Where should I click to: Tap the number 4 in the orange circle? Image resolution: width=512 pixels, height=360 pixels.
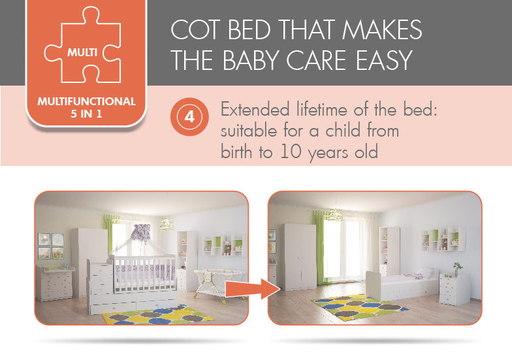[x=189, y=116]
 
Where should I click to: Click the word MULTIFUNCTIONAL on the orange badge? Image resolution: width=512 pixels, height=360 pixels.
[x=86, y=101]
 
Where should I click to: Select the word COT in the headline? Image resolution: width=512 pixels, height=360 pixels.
[x=195, y=29]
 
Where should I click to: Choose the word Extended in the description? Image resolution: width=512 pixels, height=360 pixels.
[x=255, y=110]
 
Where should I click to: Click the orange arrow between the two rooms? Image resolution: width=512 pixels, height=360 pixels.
[x=253, y=289]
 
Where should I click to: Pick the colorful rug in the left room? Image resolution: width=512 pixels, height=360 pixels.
[x=158, y=315]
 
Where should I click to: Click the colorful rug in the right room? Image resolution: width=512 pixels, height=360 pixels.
[x=359, y=307]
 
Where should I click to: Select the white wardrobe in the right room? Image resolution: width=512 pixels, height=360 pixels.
[x=299, y=257]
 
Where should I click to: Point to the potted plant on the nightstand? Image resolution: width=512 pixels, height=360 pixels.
[x=457, y=269]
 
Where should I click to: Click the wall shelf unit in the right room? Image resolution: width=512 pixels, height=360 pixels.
[x=443, y=239]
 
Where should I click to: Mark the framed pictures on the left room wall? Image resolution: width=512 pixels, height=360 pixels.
[x=51, y=246]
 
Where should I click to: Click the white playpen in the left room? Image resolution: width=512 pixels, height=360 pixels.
[x=219, y=282]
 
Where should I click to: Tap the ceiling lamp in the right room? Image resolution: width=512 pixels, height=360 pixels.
[x=336, y=214]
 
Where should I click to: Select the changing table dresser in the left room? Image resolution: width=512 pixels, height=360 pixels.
[x=55, y=283]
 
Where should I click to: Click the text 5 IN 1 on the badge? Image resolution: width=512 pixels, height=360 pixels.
[x=86, y=114]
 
